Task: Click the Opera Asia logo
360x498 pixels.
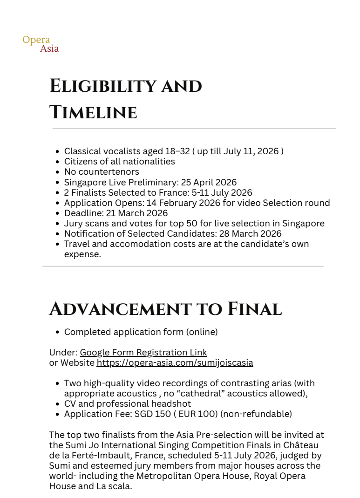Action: click(41, 44)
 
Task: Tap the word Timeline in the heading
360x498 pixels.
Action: click(93, 113)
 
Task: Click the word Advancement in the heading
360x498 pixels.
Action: click(120, 309)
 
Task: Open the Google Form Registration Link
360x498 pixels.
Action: click(143, 353)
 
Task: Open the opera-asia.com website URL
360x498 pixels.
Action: click(175, 363)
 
